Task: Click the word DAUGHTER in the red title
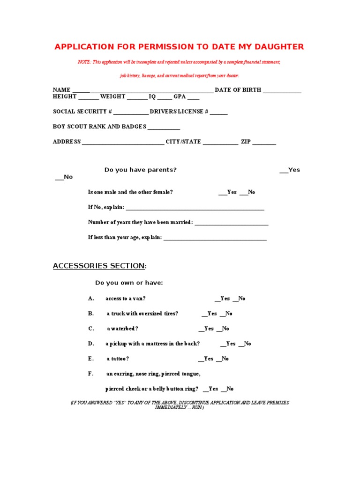(278, 46)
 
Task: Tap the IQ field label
(152, 97)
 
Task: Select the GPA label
(180, 97)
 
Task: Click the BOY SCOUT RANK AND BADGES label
(99, 127)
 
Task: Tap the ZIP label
(246, 142)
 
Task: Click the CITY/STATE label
(183, 142)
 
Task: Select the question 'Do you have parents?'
(140, 170)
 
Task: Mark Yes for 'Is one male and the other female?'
(228, 192)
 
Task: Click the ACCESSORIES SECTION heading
(99, 266)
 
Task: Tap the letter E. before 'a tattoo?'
(91, 359)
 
